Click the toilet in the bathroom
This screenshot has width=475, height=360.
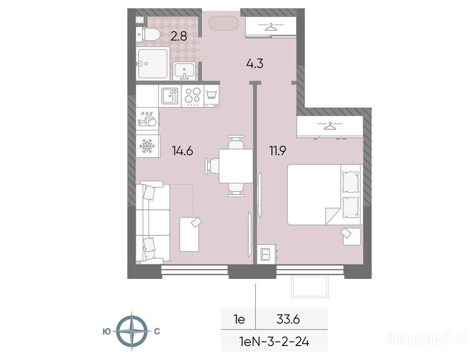(x=148, y=34)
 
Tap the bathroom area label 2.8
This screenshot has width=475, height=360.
(x=179, y=37)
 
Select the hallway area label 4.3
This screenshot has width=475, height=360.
(x=255, y=64)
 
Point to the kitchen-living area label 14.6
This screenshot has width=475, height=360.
(x=182, y=150)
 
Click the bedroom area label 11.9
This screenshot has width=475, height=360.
(x=278, y=150)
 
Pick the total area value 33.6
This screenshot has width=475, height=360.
(x=288, y=319)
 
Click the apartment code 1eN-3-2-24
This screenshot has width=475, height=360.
(x=274, y=342)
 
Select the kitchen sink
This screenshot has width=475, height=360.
(x=170, y=96)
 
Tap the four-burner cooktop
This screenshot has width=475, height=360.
(x=192, y=96)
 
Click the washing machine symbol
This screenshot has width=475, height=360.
(x=211, y=96)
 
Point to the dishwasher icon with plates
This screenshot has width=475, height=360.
(x=147, y=119)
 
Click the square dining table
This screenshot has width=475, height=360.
(x=236, y=166)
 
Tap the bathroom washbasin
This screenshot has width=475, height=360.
(x=184, y=70)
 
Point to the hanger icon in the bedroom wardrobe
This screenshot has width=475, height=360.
(x=330, y=126)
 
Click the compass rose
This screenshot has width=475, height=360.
(x=132, y=331)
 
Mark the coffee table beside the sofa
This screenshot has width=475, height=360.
(x=189, y=234)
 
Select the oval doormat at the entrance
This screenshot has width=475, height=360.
(x=224, y=23)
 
